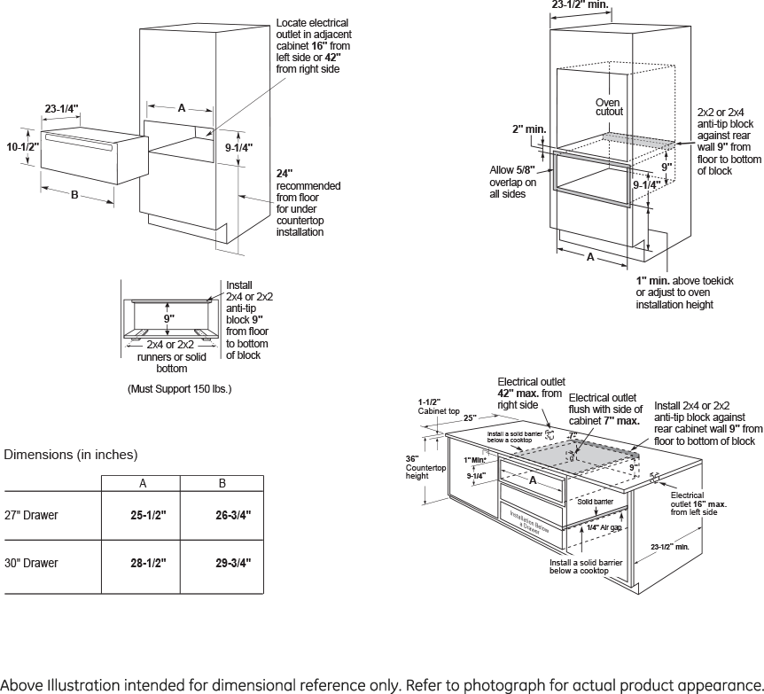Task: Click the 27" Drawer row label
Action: click(31, 515)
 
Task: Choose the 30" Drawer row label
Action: click(31, 563)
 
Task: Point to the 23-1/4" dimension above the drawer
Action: click(62, 109)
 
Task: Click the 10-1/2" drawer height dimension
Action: click(23, 147)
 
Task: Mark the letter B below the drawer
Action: click(74, 194)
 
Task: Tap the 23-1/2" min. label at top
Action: click(580, 5)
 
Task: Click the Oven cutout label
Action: click(609, 107)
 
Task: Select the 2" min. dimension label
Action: click(528, 130)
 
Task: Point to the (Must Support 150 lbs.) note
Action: click(180, 388)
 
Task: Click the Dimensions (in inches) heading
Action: click(71, 455)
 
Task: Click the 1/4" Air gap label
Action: click(604, 527)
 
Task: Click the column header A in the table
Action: click(142, 483)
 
